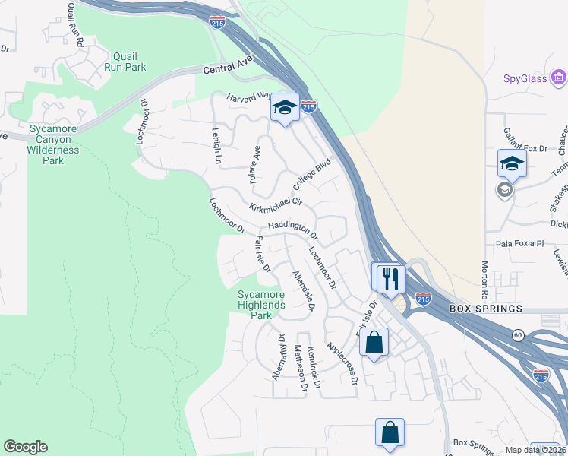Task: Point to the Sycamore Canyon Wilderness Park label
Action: [x=53, y=145]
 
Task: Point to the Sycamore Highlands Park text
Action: [x=260, y=305]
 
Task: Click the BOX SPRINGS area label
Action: [x=486, y=309]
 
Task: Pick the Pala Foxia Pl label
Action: [x=520, y=244]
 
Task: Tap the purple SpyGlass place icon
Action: [x=560, y=78]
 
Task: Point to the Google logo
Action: [x=25, y=447]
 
